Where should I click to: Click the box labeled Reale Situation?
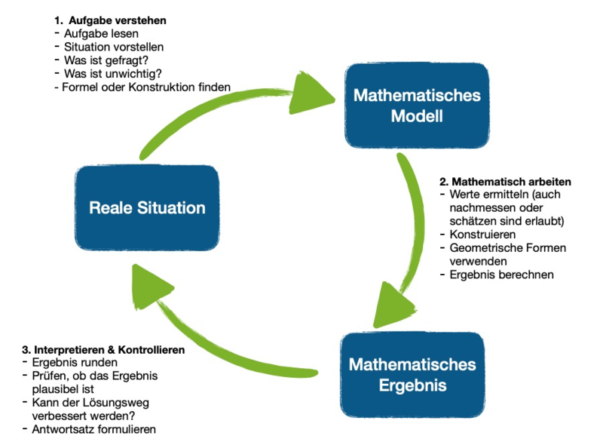(x=147, y=207)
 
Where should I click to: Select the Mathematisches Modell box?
(x=417, y=106)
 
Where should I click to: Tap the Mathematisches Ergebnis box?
(x=412, y=375)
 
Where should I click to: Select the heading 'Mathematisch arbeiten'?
(x=505, y=182)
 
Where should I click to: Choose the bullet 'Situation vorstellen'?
(x=114, y=47)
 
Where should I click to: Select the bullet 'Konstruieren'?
(x=482, y=235)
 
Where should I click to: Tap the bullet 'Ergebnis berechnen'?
(x=501, y=275)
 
